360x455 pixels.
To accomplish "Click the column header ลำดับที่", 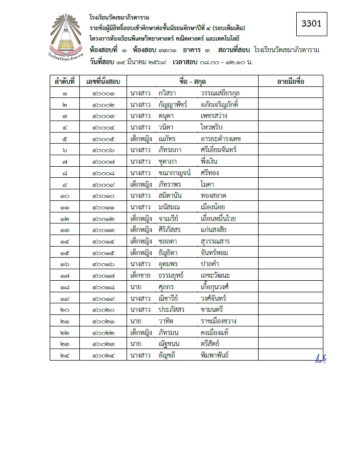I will pyautogui.click(x=65, y=81).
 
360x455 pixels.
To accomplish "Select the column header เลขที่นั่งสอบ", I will pyautogui.click(x=103, y=81).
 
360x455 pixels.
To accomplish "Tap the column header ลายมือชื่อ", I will pyautogui.click(x=290, y=81).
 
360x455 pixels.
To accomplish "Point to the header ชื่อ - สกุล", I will pyautogui.click(x=192, y=81).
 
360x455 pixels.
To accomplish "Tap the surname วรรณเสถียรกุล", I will pyautogui.click(x=221, y=93).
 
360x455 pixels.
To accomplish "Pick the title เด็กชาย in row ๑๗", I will pyautogui.click(x=141, y=275).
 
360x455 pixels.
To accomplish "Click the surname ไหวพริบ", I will pyautogui.click(x=212, y=127).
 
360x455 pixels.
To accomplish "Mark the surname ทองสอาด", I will pyautogui.click(x=214, y=195).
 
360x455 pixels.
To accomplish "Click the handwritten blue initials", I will pyautogui.click(x=320, y=359).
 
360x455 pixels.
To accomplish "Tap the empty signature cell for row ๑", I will pyautogui.click(x=290, y=93).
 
